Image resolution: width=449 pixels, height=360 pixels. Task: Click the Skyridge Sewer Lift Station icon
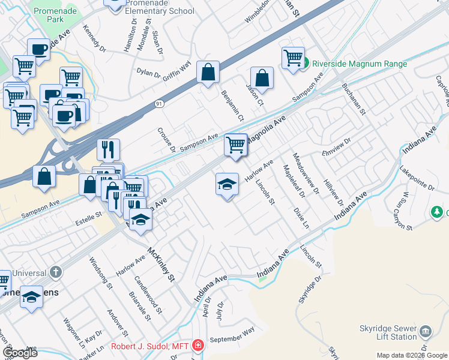[426, 330]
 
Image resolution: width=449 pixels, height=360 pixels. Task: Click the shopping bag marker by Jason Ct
[262, 77]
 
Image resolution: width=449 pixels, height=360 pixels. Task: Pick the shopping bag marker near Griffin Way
[208, 73]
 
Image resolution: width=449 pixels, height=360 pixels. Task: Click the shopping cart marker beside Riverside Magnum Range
[293, 58]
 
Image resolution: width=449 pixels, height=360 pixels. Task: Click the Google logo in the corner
[20, 353]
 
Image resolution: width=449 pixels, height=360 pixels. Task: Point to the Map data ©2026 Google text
[412, 355]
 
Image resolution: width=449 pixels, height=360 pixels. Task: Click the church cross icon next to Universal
[56, 272]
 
